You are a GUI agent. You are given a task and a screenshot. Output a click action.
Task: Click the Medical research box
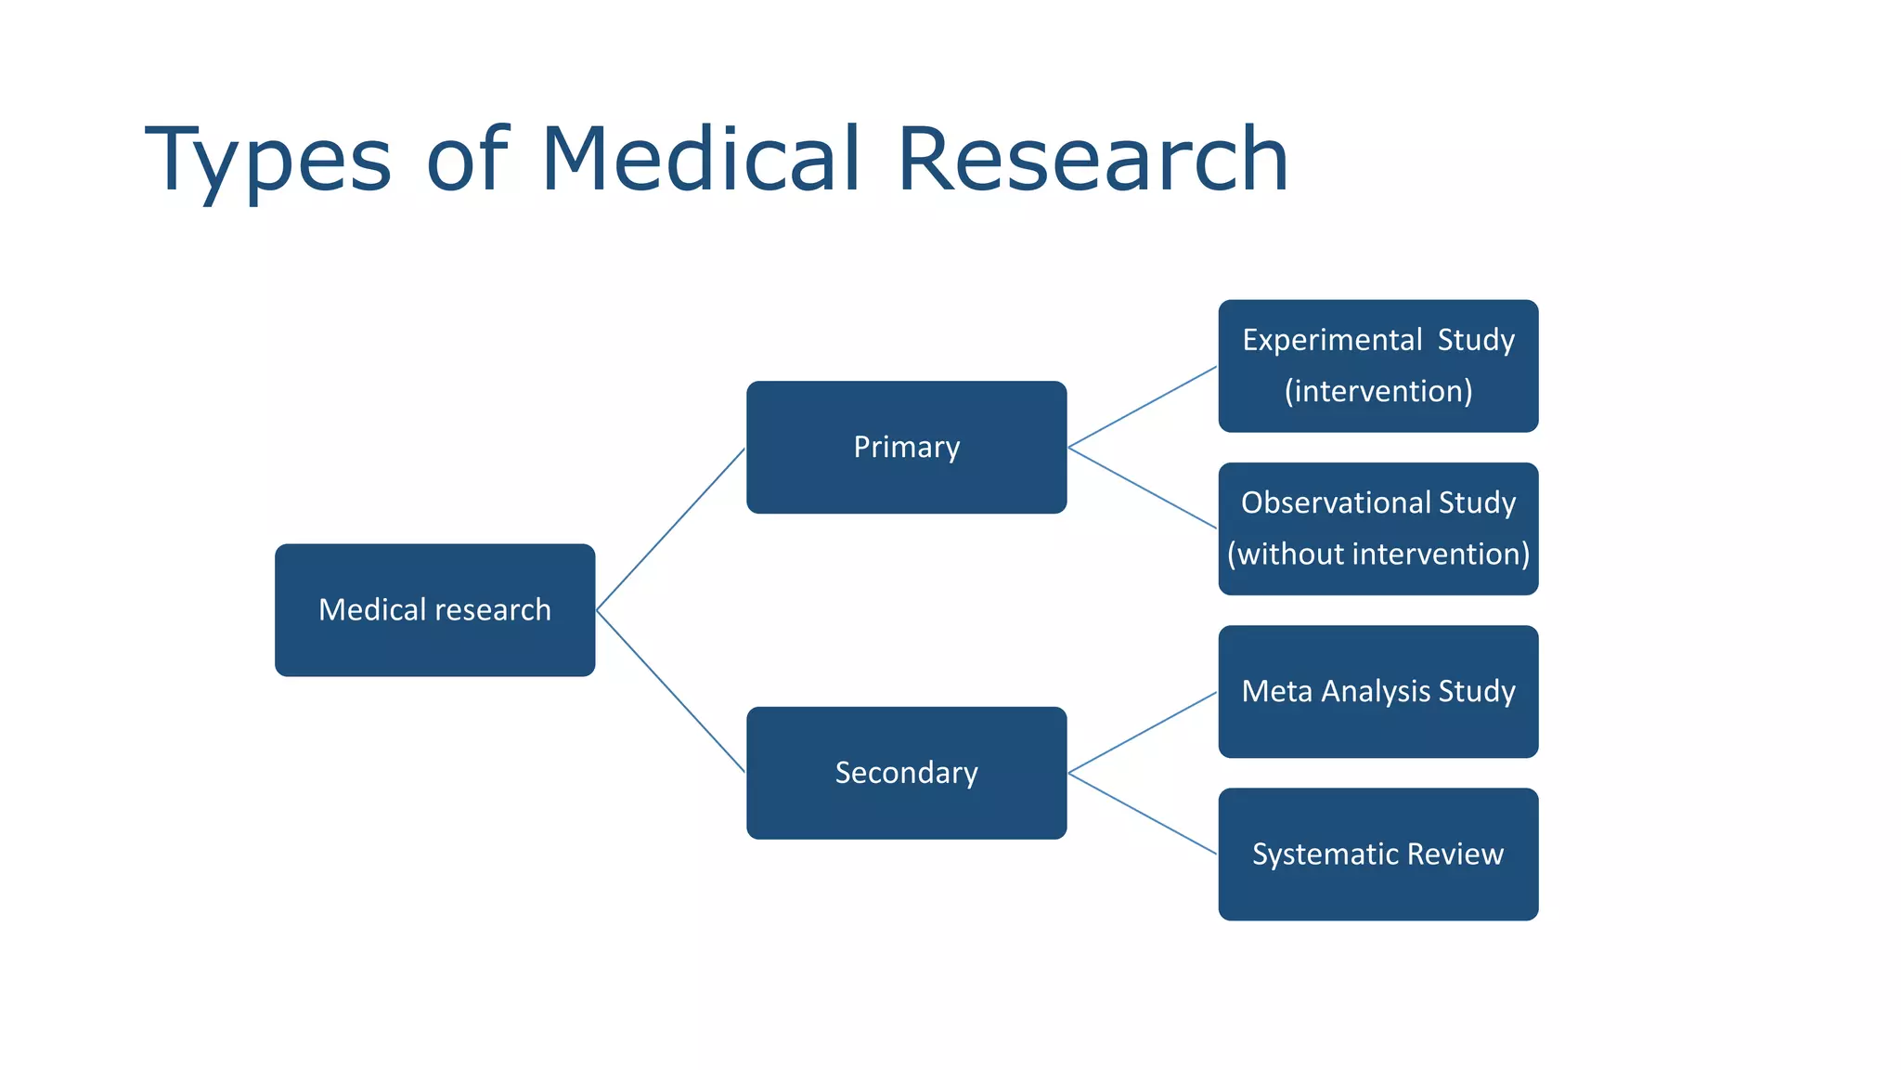(434, 610)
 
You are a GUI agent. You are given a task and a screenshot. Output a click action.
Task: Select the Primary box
(906, 447)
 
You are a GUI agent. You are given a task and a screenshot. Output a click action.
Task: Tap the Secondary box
(906, 773)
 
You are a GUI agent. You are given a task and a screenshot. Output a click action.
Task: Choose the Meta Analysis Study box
(1377, 691)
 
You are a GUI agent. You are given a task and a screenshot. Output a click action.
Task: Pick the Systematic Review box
(1377, 855)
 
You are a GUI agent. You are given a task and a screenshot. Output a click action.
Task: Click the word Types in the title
(268, 160)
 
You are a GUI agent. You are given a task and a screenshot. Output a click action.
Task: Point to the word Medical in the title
(701, 160)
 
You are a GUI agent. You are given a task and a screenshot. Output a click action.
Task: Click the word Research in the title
(1093, 160)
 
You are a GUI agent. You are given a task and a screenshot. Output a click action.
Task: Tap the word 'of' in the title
(467, 160)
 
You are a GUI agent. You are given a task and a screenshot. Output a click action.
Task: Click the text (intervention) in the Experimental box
(1378, 391)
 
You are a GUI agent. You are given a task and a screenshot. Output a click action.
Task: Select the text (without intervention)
(1378, 555)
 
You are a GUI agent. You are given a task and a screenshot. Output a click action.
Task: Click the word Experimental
(1332, 340)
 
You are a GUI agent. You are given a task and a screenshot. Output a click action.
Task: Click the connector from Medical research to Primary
(670, 529)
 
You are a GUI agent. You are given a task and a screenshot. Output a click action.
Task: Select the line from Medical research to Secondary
(670, 692)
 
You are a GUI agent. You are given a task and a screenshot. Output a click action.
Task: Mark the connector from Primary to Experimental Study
(1143, 407)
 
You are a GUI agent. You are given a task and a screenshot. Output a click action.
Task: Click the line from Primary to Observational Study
(1143, 489)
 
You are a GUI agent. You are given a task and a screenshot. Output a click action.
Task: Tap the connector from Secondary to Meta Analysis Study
(1143, 732)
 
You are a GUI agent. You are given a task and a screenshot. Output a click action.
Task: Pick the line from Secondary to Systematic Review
(1143, 814)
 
